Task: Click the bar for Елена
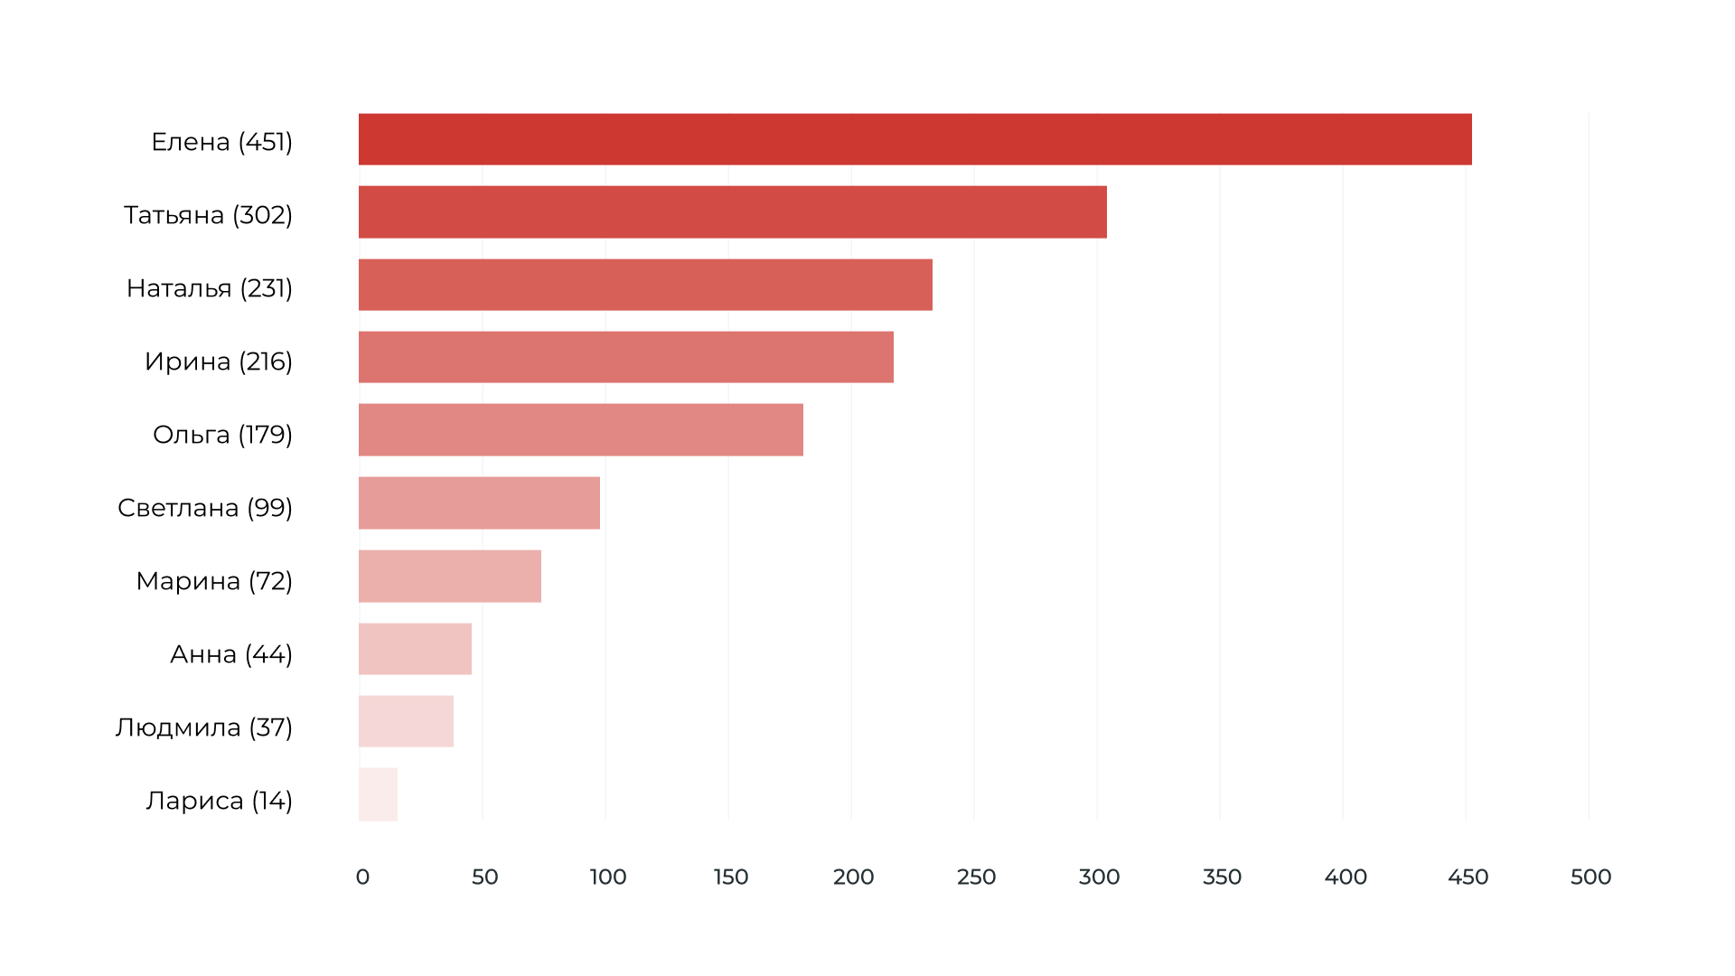914,139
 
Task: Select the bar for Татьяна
732,212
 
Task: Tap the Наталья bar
645,285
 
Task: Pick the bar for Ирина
625,357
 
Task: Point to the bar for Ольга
580,430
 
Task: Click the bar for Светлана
479,503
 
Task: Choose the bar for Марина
449,577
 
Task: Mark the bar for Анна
415,649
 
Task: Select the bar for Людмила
406,721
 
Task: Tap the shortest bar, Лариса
378,794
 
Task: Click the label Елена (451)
221,142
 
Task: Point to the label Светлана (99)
205,508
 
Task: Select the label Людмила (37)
204,727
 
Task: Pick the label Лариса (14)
220,801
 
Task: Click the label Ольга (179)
222,435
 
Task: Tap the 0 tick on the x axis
362,877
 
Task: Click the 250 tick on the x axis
976,877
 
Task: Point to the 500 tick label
1590,877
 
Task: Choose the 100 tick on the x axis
608,877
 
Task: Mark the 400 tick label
1346,877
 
